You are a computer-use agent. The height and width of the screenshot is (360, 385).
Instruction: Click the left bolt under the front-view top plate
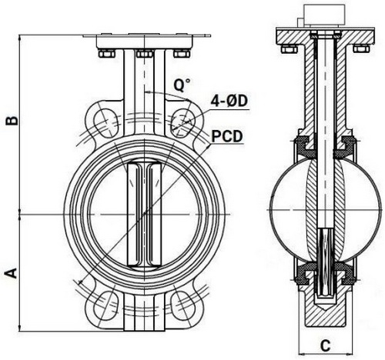[x=105, y=53]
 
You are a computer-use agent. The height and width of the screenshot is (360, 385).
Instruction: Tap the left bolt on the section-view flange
[x=288, y=50]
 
